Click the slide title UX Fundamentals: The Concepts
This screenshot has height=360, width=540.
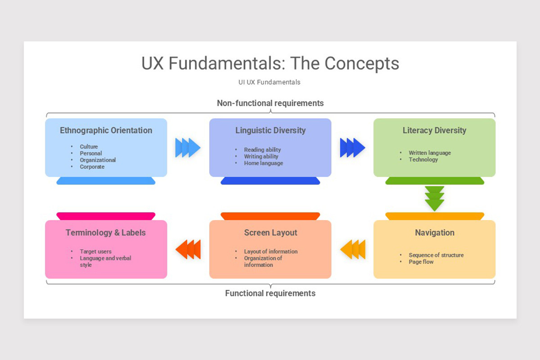tap(270, 63)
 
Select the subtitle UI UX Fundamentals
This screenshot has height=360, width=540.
tap(270, 82)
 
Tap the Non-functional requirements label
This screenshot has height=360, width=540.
tap(270, 103)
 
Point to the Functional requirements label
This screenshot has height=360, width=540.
tap(270, 293)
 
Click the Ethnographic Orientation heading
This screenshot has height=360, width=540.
tap(106, 130)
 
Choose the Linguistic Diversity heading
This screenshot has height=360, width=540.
tap(270, 130)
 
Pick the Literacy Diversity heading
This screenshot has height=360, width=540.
tap(434, 130)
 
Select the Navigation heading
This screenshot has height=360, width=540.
tap(434, 233)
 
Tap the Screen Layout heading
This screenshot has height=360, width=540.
tap(270, 233)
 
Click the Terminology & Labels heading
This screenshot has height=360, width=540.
tap(106, 233)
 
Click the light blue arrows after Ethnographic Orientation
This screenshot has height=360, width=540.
tap(188, 148)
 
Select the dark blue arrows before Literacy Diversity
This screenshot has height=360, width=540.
tap(352, 148)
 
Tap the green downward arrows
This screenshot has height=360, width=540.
tap(434, 198)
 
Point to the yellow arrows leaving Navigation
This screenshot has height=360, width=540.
tap(353, 249)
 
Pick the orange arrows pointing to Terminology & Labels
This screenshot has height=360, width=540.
tap(188, 249)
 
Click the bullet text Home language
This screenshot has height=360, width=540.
tap(264, 163)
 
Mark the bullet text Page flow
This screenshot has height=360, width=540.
tap(421, 262)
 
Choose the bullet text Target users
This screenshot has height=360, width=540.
tap(96, 252)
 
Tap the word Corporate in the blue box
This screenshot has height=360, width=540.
tap(92, 167)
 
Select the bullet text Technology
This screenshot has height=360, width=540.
tap(423, 160)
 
